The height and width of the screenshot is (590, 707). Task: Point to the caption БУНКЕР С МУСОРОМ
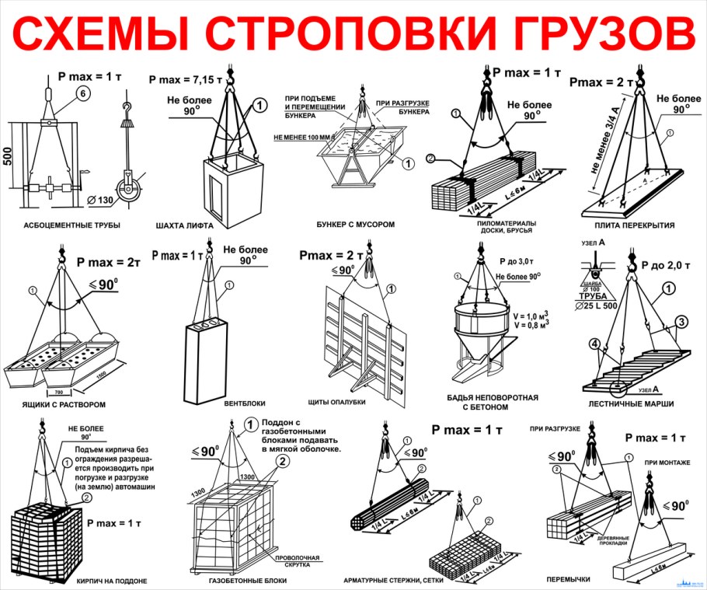[356, 224]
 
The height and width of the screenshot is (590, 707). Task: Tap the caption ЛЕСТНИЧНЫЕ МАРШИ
[631, 403]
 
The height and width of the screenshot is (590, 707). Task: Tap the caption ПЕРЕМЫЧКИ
[569, 579]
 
